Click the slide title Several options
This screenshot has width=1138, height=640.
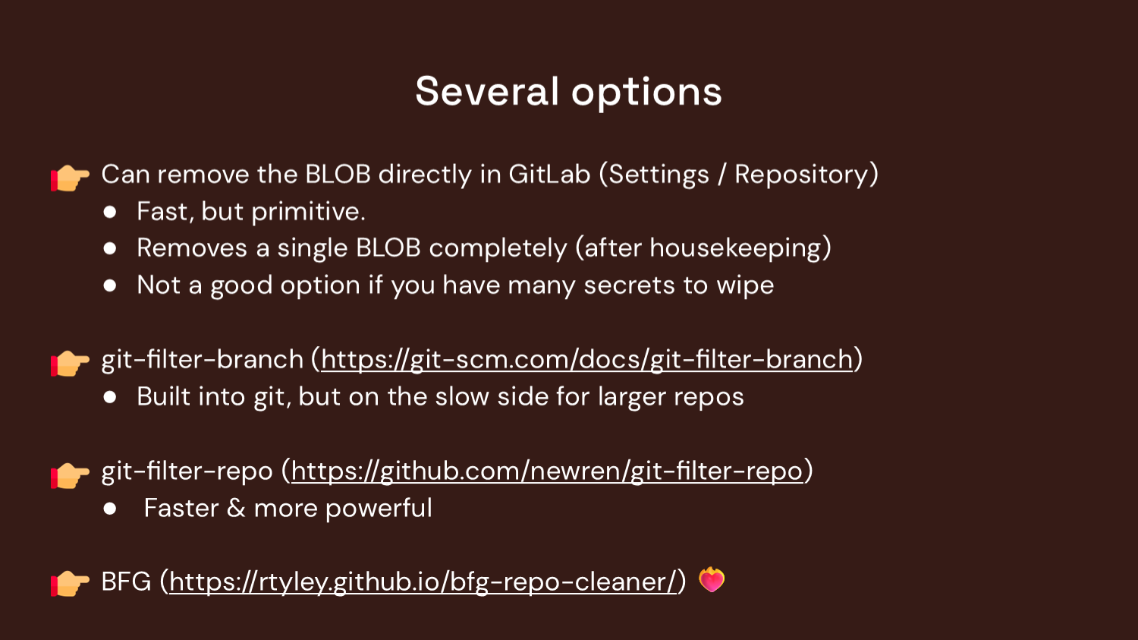568,92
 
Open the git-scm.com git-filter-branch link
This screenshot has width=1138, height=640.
586,359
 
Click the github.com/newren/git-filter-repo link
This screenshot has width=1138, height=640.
546,471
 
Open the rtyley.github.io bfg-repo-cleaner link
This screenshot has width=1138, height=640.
422,582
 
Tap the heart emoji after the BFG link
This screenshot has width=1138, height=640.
712,580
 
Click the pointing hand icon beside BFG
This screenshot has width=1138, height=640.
71,583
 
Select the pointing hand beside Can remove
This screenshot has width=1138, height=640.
71,178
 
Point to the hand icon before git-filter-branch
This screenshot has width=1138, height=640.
71,363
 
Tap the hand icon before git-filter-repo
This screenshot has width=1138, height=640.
71,474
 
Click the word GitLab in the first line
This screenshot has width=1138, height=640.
549,175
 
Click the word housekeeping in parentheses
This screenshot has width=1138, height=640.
735,248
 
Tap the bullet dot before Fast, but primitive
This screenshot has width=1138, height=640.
110,212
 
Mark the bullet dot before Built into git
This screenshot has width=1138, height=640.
110,397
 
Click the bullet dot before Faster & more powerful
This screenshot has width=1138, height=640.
110,509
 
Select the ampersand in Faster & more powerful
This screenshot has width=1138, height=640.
236,509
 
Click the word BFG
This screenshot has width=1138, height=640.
126,582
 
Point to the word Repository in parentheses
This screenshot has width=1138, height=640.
801,175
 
